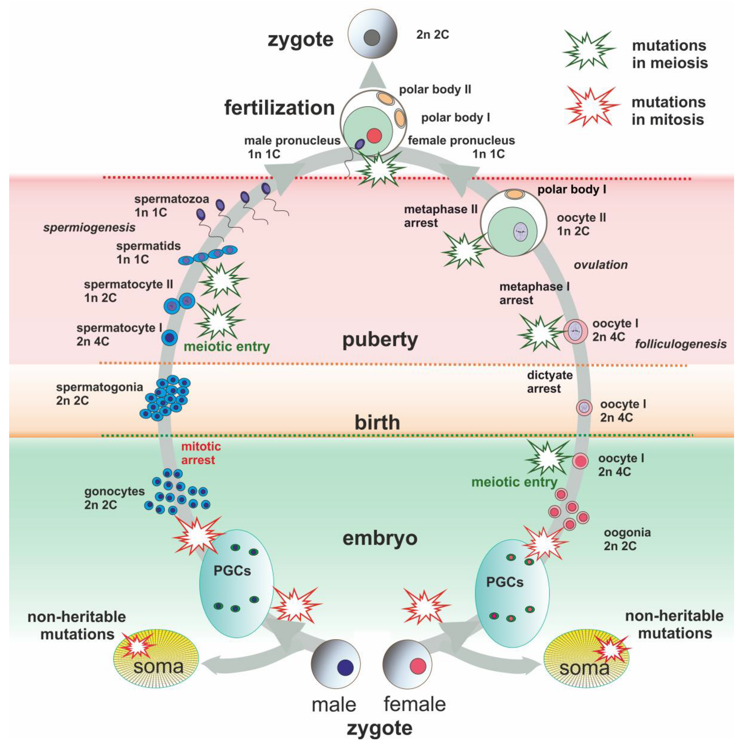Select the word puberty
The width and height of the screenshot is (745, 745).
pos(380,340)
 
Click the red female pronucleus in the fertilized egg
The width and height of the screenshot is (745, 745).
pos(374,136)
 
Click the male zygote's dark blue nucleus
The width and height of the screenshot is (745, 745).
pos(345,667)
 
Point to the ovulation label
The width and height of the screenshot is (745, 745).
pos(600,265)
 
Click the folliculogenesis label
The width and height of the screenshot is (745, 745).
pos(681,344)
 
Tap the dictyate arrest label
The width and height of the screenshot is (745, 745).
pos(550,382)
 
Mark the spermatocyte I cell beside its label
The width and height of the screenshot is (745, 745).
pos(170,338)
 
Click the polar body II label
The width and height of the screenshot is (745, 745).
pos(435,89)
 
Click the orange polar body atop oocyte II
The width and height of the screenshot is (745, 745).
pos(514,194)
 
